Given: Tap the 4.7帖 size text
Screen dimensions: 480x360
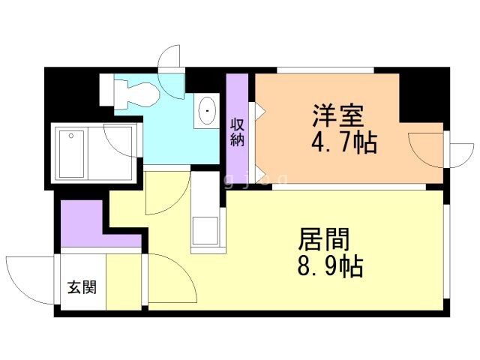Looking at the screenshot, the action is pos(343,143).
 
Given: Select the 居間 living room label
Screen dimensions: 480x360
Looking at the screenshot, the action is pos(323,240).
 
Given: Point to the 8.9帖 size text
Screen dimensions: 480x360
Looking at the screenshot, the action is pos(330,266).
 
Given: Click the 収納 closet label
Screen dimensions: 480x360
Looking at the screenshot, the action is pos(237,132).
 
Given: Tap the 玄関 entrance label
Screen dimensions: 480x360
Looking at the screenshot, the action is pos(82,287).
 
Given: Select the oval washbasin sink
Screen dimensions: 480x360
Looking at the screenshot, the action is pos(207,110).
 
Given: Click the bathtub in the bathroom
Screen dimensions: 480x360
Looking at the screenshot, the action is pos(72,154).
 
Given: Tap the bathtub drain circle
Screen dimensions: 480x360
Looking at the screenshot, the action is pos(71,136).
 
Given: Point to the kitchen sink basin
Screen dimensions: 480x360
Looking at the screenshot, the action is pos(205,230).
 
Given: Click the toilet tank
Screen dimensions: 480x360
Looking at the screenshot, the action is pos(106,90).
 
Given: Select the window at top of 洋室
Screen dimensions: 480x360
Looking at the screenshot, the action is pos(325,70).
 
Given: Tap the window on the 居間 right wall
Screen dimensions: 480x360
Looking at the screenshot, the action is pos(447,251).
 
